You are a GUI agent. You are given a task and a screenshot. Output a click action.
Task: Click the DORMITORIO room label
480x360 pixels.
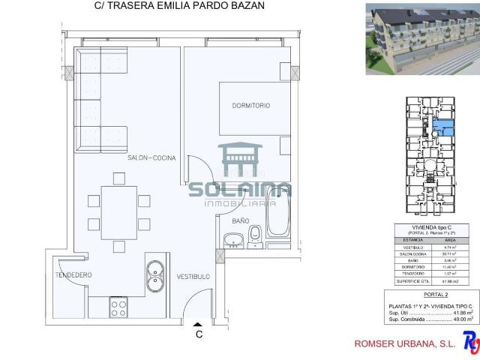click(x=251, y=106)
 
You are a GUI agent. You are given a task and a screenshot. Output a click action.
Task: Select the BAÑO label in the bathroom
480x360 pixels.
click(x=240, y=220)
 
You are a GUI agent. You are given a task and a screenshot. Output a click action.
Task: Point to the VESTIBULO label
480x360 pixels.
click(x=193, y=276)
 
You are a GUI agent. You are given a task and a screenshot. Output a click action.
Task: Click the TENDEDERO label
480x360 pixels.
click(x=73, y=275)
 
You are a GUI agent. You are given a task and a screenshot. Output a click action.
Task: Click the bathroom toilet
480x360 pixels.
click(x=255, y=235)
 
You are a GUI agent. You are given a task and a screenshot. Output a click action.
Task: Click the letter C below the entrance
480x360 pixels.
click(x=199, y=334)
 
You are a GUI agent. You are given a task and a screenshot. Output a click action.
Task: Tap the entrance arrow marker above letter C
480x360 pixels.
click(x=199, y=321)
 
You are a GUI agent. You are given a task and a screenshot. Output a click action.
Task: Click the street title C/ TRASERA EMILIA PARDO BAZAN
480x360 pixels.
click(x=179, y=7)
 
